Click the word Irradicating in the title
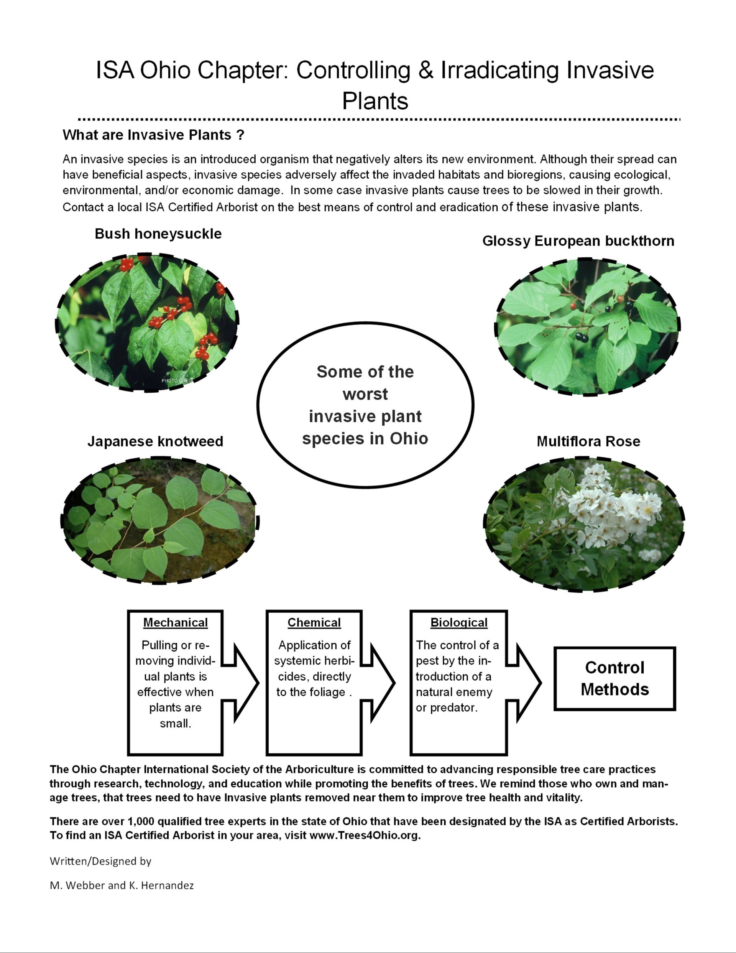tap(499, 70)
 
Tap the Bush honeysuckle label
tap(158, 234)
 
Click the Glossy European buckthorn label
tap(578, 241)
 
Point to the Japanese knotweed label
tap(155, 441)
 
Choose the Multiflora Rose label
tap(588, 441)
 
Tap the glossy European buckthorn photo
tap(587, 326)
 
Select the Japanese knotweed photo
tap(159, 521)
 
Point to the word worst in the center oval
tap(365, 394)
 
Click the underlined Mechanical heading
tap(176, 623)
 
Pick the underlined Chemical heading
tap(314, 623)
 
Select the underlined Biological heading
tap(459, 623)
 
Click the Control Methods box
tap(615, 678)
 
